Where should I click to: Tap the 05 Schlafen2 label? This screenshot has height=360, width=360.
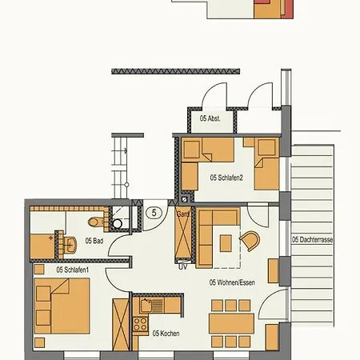[226, 178]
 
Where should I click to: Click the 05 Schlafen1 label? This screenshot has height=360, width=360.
[72, 270]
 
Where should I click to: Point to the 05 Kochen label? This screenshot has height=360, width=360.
[165, 333]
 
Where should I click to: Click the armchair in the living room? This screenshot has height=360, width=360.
[250, 241]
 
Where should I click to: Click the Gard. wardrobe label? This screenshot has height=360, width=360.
[182, 214]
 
